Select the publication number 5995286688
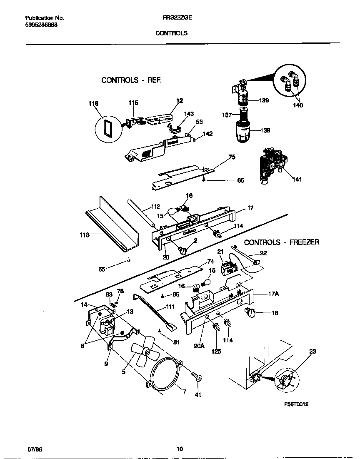[x=41, y=25]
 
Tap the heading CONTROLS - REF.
[x=131, y=80]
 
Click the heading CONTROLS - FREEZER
[x=281, y=242]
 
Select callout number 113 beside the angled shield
[x=85, y=235]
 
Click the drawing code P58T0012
[x=296, y=404]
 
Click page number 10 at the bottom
[x=179, y=449]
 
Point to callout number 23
[x=312, y=352]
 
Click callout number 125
[x=216, y=351]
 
